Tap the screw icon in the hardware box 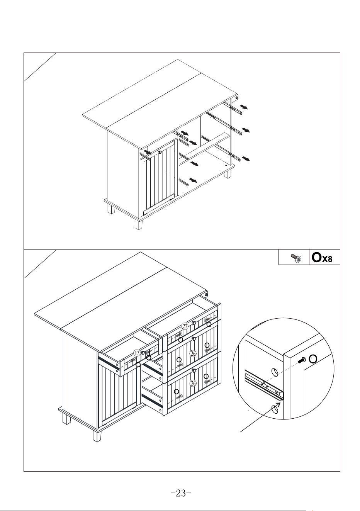point(296,258)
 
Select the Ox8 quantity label point(322,258)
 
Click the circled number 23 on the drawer point(185,326)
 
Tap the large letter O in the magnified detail point(313,359)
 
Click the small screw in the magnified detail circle point(302,360)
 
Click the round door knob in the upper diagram point(160,152)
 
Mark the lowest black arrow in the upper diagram point(193,180)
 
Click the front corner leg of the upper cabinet point(138,224)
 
